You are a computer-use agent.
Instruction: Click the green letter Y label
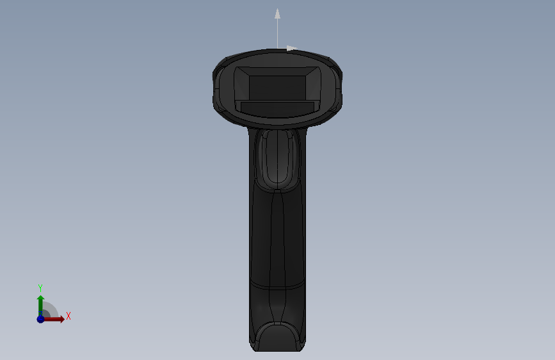[40, 288]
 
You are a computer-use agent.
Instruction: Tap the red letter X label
[68, 316]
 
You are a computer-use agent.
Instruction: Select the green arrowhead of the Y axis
[41, 299]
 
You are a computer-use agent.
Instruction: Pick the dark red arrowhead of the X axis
[61, 319]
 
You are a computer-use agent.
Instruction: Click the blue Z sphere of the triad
[40, 319]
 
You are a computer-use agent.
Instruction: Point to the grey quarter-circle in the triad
[49, 311]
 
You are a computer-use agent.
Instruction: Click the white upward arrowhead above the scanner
[278, 14]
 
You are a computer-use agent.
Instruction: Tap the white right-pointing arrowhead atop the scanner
[292, 48]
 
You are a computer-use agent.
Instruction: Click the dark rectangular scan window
[277, 88]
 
